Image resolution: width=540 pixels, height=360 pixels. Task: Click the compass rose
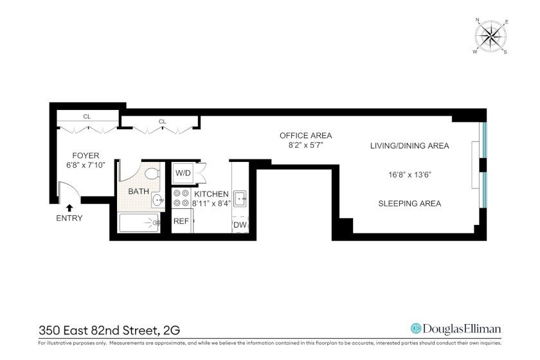coord(491,37)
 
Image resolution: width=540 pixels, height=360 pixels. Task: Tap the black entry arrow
coord(69,208)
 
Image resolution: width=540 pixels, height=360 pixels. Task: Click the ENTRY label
coord(69,218)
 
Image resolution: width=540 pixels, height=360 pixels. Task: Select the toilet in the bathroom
coord(152,173)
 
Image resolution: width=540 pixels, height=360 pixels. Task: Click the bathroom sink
coord(158,199)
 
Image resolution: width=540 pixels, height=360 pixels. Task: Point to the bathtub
coord(139,223)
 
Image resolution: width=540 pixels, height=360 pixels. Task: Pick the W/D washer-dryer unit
coord(183,172)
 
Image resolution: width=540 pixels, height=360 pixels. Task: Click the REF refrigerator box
coord(181,221)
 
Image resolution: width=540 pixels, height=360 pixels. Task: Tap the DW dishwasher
coord(240,225)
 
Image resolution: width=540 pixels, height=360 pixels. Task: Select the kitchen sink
coord(240,199)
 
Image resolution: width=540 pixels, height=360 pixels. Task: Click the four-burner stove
coord(181,198)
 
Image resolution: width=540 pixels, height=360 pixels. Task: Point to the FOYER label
coord(85,156)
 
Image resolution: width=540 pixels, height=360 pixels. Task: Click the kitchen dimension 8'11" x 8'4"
coord(211,204)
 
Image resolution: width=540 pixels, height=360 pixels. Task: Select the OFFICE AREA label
coord(306,136)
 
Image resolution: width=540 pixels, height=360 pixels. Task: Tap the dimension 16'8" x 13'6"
coord(410,175)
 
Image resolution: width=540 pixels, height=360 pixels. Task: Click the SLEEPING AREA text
coord(410,204)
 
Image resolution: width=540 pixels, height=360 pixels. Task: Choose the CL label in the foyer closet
coord(87,117)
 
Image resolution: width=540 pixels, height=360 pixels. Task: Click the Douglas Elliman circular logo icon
coord(416,328)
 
